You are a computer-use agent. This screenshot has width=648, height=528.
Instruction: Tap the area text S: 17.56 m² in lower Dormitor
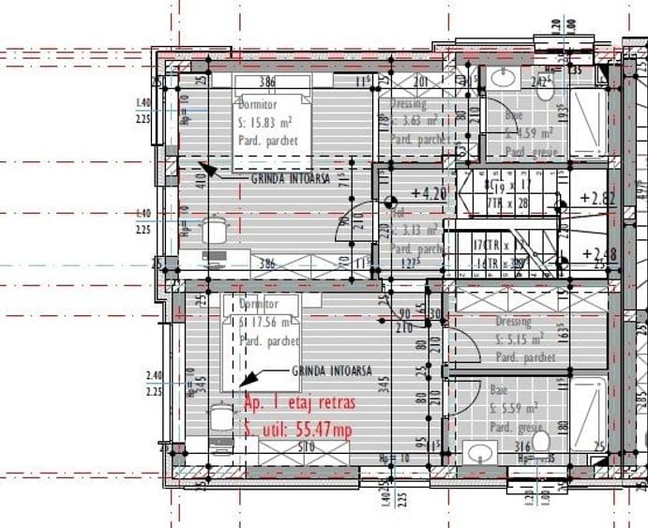[x=269, y=323]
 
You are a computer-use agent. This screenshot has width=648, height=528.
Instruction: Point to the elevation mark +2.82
[x=597, y=198]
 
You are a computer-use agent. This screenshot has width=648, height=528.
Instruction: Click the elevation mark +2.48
[x=597, y=253]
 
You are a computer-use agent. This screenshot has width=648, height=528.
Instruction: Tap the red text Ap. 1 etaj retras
[x=299, y=405]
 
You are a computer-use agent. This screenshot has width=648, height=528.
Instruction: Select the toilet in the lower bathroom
[x=541, y=441]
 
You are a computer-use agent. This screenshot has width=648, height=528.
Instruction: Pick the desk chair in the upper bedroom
[x=217, y=229]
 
